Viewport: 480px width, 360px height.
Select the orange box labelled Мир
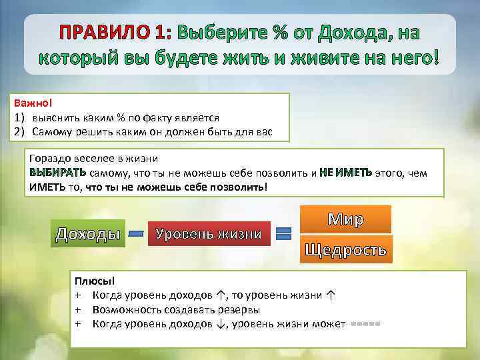(345, 219)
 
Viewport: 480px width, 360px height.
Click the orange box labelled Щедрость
(345, 249)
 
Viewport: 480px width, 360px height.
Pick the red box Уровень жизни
(209, 234)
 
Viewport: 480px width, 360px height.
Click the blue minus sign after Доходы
(136, 234)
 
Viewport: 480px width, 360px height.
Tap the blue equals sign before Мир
(283, 233)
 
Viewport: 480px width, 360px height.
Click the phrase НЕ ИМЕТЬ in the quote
(345, 173)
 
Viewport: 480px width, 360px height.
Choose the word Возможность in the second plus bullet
(124, 310)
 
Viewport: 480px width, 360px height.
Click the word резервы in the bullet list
(237, 310)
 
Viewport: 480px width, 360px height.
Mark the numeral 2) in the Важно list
(20, 131)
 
